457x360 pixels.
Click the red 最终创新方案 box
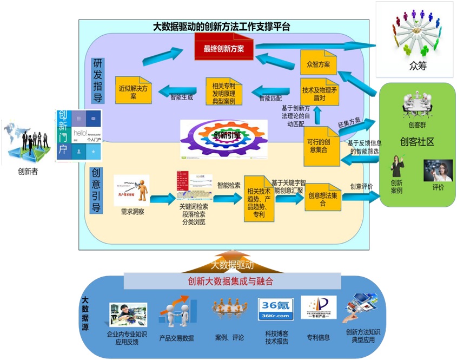coord(223,48)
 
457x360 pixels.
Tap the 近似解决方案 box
coord(133,90)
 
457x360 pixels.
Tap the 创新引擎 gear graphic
coord(224,138)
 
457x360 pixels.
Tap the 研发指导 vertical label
coord(98,81)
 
